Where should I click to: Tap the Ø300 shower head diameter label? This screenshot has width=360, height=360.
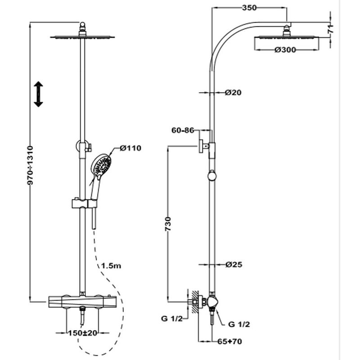[284, 50]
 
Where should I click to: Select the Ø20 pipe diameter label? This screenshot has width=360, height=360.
[234, 93]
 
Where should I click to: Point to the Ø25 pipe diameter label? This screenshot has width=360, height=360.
[234, 265]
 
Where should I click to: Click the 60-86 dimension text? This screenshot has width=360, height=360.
[183, 130]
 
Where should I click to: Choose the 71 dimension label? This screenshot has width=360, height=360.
[331, 30]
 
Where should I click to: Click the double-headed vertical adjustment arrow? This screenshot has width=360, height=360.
[38, 94]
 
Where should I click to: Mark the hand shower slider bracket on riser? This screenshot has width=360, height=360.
[84, 203]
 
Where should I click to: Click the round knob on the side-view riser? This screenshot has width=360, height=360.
[212, 176]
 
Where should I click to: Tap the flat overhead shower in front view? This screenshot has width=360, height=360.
[82, 37]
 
